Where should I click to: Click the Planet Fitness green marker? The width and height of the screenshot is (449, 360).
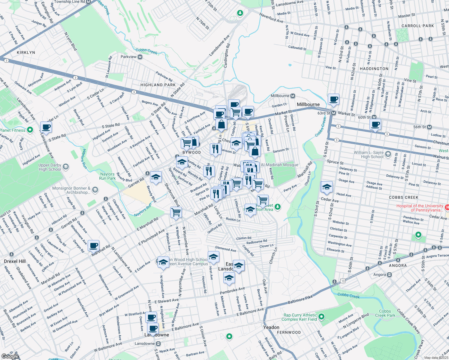pyautogui.click(x=30, y=130)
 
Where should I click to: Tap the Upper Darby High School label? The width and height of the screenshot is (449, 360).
pyautogui.click(x=50, y=167)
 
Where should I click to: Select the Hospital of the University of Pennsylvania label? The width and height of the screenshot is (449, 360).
pyautogui.click(x=420, y=208)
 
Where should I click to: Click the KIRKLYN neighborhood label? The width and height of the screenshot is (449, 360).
pyautogui.click(x=26, y=52)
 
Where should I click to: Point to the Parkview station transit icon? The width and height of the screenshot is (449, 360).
pyautogui.click(x=140, y=57)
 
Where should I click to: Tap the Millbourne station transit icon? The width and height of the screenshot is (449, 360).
pyautogui.click(x=293, y=96)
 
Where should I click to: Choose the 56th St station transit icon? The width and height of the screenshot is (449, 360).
pyautogui.click(x=429, y=127)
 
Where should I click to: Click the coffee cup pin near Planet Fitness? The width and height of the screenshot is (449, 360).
pyautogui.click(x=46, y=127)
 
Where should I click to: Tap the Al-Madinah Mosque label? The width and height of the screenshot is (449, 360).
pyautogui.click(x=279, y=165)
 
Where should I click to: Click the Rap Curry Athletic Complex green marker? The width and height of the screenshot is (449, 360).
pyautogui.click(x=321, y=316)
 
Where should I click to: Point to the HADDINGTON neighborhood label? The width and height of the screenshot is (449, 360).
pyautogui.click(x=374, y=69)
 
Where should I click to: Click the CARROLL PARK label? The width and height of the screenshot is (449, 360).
pyautogui.click(x=417, y=26)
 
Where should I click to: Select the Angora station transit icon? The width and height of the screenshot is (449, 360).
pyautogui.click(x=389, y=274)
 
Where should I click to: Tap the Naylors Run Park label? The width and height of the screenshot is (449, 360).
pyautogui.click(x=107, y=176)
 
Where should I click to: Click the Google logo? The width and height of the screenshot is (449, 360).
pyautogui.click(x=10, y=356)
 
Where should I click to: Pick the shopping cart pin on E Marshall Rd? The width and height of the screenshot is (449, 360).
pyautogui.click(x=176, y=212)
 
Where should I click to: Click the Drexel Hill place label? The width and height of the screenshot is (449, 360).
pyautogui.click(x=15, y=261)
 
